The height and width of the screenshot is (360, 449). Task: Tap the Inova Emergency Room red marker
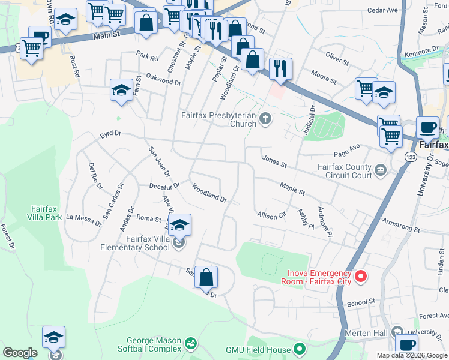[x=361, y=277]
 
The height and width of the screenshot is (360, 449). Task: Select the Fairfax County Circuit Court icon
[x=380, y=172]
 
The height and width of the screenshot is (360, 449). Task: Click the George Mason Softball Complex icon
[x=191, y=344]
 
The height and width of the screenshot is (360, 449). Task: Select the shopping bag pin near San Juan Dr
[x=206, y=278]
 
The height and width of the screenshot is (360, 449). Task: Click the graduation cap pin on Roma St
[x=179, y=226]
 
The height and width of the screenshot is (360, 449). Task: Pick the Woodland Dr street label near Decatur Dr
[x=209, y=193]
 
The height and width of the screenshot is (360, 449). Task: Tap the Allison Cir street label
[x=271, y=215]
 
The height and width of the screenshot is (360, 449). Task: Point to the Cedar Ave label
[x=383, y=10]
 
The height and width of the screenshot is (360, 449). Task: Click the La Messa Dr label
[x=83, y=220]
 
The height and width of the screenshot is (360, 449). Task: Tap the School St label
[x=360, y=302]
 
